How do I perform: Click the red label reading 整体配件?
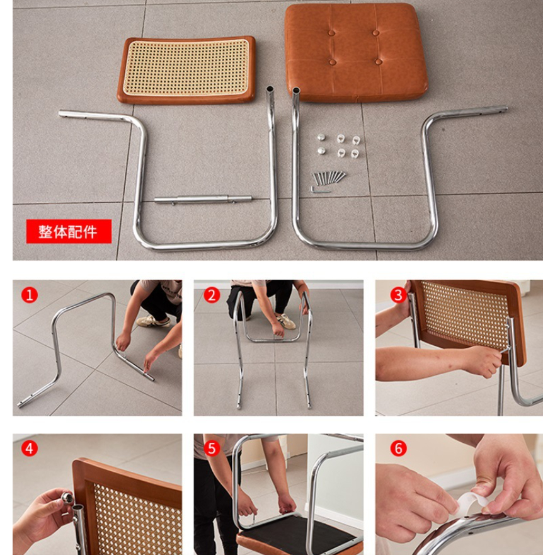pyautogui.click(x=69, y=231)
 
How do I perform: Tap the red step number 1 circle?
pyautogui.click(x=30, y=295)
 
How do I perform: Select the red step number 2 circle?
pyautogui.click(x=212, y=295)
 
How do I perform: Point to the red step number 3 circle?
pyautogui.click(x=399, y=295)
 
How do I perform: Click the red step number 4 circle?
pyautogui.click(x=30, y=449)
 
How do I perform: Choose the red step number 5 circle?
pyautogui.click(x=212, y=449)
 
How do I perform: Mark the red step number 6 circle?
pyautogui.click(x=399, y=449)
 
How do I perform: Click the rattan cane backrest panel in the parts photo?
pyautogui.click(x=186, y=69)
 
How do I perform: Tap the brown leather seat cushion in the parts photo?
pyautogui.click(x=355, y=52)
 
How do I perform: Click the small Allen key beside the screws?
pyautogui.click(x=319, y=190)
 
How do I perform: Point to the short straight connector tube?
pyautogui.click(x=203, y=200)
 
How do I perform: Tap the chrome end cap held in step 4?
pyautogui.click(x=67, y=497)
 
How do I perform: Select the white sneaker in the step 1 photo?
pyautogui.click(x=153, y=321)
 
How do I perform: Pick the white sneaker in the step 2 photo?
pyautogui.click(x=286, y=321)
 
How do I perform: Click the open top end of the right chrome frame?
pyautogui.click(x=296, y=90)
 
